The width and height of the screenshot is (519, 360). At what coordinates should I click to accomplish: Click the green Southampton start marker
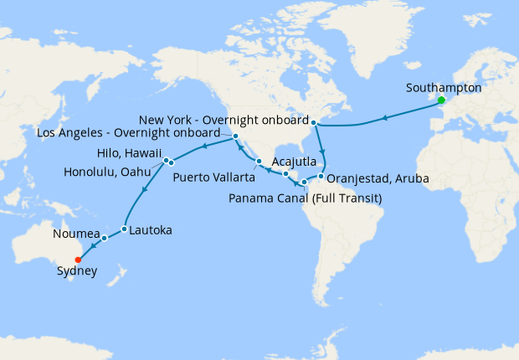pyautogui.click(x=441, y=101)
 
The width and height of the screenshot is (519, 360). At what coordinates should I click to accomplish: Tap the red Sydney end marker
pyautogui.click(x=80, y=259)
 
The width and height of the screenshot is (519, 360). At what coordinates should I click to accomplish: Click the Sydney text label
pyautogui.click(x=76, y=271)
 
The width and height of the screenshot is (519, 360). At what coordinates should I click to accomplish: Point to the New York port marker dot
pyautogui.click(x=315, y=123)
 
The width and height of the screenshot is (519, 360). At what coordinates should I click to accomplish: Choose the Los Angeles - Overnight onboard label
pyautogui.click(x=129, y=133)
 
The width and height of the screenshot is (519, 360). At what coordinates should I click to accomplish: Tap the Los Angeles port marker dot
pyautogui.click(x=237, y=136)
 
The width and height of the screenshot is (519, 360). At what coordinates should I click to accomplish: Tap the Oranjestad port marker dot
pyautogui.click(x=321, y=177)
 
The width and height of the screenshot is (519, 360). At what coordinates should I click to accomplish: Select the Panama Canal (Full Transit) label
pyautogui.click(x=305, y=198)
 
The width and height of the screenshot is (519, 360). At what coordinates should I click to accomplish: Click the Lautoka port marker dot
pyautogui.click(x=124, y=229)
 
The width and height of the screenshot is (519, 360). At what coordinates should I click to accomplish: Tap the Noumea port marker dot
pyautogui.click(x=105, y=239)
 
